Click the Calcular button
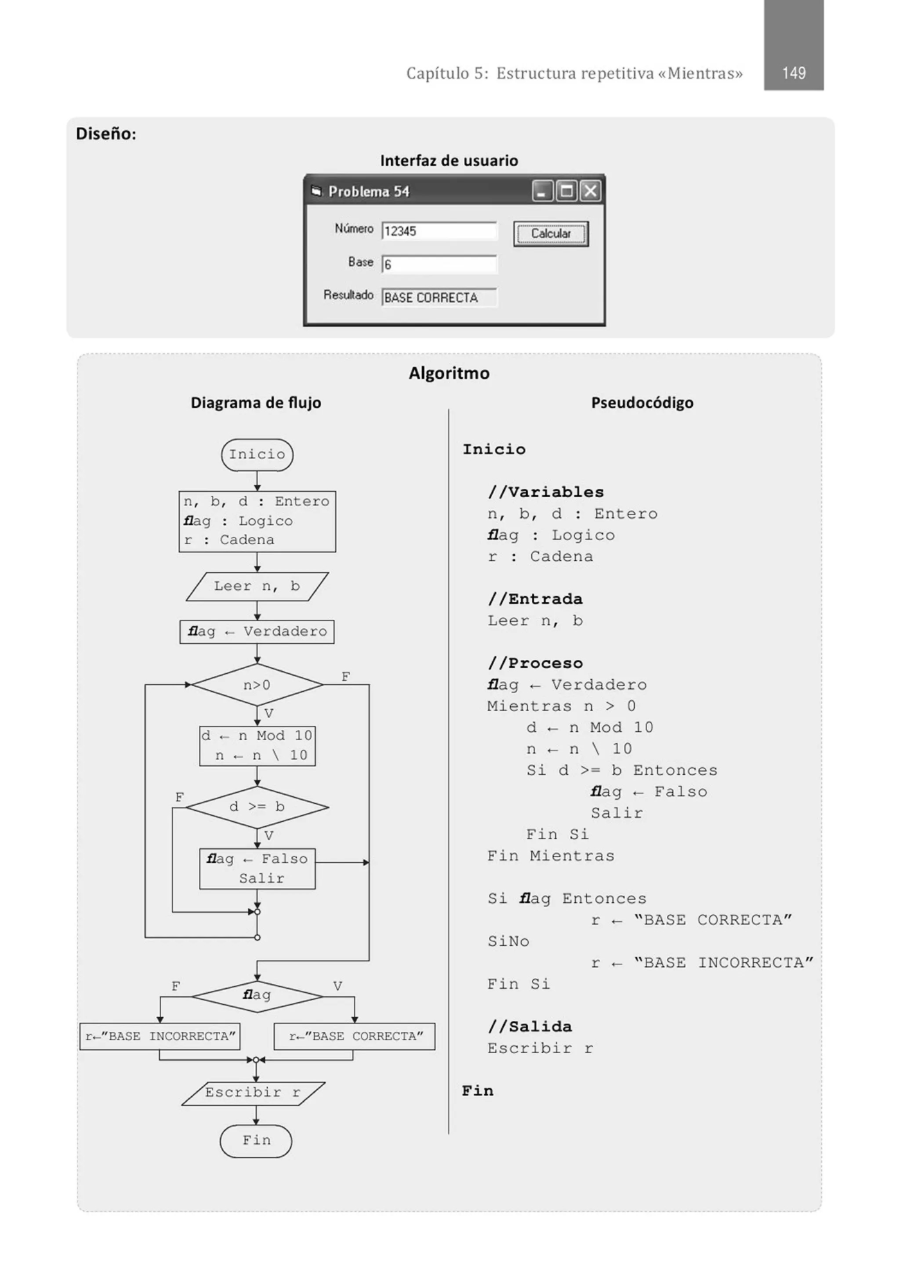coord(551,233)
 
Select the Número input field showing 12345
coord(439,231)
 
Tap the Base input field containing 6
coord(439,264)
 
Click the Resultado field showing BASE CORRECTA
coord(439,298)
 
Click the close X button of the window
coord(590,191)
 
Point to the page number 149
coord(793,73)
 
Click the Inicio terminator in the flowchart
coord(257,454)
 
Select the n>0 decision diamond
coord(257,685)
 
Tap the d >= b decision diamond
coord(257,807)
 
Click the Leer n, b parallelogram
coord(257,586)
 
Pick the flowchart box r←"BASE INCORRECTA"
coord(160,1036)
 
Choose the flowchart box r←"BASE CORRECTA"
coord(355,1036)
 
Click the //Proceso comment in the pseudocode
coord(535,663)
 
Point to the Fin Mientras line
coord(551,856)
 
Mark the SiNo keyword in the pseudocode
coord(508,941)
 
